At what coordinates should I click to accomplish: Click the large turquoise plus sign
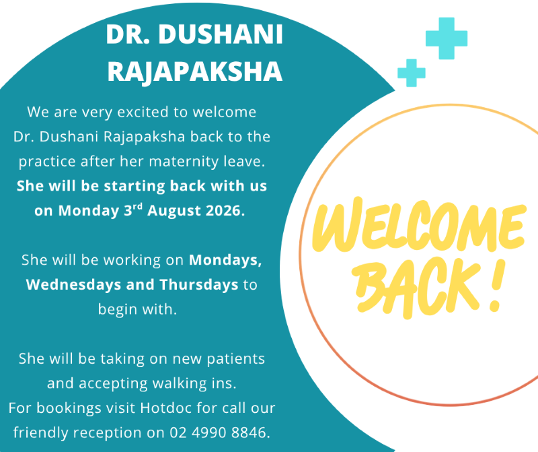pos(447,38)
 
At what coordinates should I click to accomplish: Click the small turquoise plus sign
pos(412,73)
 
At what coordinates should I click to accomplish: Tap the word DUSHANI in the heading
pos(221,34)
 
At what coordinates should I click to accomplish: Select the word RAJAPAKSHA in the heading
pos(195,71)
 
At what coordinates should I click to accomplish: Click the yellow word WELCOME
pos(419,225)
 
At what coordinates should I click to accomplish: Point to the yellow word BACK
pos(415,288)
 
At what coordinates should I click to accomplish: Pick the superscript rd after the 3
pos(138,207)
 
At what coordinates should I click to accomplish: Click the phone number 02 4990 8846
pos(220,432)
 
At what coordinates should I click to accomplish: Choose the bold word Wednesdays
pos(73,285)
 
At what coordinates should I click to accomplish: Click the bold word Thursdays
pos(199,285)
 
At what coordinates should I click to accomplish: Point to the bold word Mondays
pos(225,260)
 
